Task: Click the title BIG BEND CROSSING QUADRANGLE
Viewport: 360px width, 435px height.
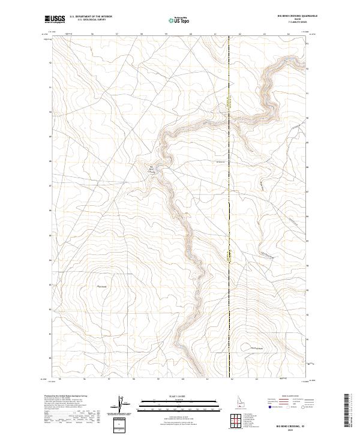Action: tap(292, 17)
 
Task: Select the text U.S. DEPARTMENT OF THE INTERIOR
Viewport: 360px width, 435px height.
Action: tap(91, 17)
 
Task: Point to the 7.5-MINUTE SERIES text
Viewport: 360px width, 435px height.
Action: tap(292, 23)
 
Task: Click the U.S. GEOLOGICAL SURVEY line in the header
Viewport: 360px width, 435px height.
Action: tap(91, 20)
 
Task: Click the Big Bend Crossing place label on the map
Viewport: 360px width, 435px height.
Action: tap(152, 169)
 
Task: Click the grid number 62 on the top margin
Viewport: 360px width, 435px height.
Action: tap(240, 34)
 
